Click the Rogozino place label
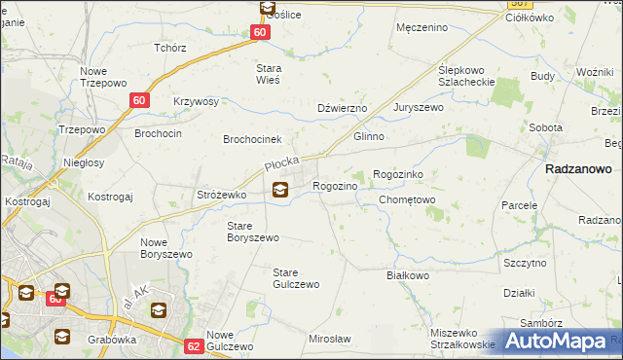coord(340,185)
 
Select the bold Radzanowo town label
coord(578,168)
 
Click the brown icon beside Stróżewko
coord(280,190)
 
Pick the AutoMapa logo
coord(558,341)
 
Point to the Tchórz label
coord(169,47)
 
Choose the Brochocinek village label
coord(252,139)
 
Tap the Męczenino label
coord(422,27)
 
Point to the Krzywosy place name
coord(197,101)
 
